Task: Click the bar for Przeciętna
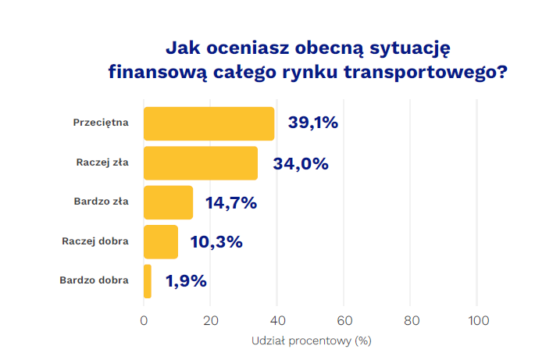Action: pyautogui.click(x=209, y=123)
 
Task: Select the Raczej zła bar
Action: pyautogui.click(x=201, y=163)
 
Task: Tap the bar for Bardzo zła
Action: pyautogui.click(x=168, y=202)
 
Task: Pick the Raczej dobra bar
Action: pyautogui.click(x=161, y=241)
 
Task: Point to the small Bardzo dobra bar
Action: pyautogui.click(x=147, y=281)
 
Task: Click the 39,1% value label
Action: pyautogui.click(x=312, y=123)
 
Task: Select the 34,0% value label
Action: pyautogui.click(x=301, y=163)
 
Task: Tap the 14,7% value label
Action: pyautogui.click(x=231, y=203)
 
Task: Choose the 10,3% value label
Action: pyautogui.click(x=216, y=242)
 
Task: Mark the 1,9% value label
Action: pyautogui.click(x=186, y=281)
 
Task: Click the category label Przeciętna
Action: pyautogui.click(x=101, y=123)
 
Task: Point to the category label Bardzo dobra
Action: pyautogui.click(x=95, y=280)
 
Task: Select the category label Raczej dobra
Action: pyautogui.click(x=95, y=241)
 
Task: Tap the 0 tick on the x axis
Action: pyautogui.click(x=144, y=321)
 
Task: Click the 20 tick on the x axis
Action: pyautogui.click(x=211, y=321)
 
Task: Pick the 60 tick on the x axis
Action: pyautogui.click(x=344, y=321)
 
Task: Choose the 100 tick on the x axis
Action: pyautogui.click(x=478, y=321)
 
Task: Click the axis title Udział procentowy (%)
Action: pyautogui.click(x=311, y=341)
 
